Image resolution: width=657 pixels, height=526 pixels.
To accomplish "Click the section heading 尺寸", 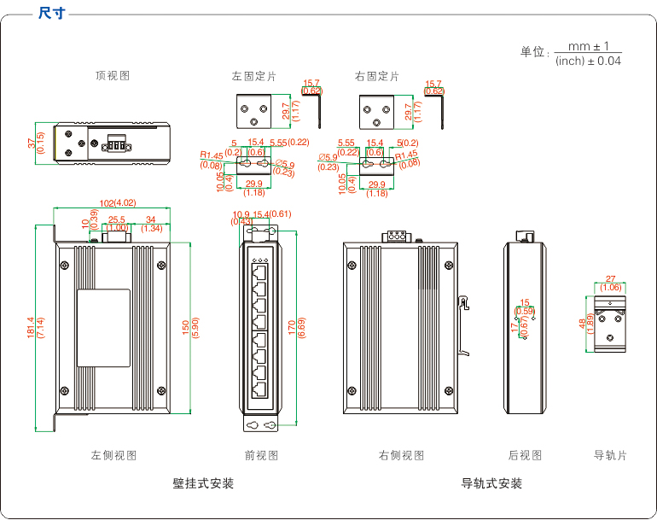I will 54,14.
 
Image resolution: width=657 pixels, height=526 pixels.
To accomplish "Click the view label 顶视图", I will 113,76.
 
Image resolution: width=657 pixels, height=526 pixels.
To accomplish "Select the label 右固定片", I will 376,76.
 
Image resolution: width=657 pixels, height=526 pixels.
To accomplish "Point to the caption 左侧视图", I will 113,455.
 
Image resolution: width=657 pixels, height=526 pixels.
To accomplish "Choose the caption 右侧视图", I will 401,455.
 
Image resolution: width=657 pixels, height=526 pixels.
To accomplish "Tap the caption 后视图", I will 525,455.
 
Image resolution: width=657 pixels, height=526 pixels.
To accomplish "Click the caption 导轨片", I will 610,455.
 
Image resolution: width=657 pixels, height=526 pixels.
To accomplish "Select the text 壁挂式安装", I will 203,483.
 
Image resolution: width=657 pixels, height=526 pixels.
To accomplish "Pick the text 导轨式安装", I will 491,483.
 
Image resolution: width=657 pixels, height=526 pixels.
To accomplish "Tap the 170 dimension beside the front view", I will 292,327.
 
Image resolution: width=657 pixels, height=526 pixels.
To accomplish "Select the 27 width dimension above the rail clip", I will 610,278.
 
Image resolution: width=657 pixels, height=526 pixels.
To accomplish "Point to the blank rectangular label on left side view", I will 104,328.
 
